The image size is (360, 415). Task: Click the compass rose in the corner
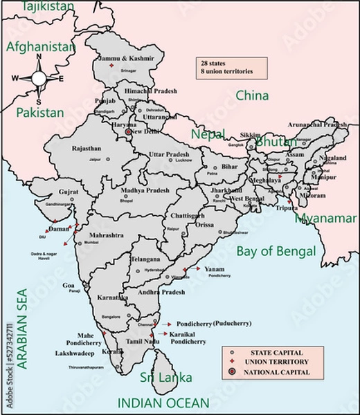37,78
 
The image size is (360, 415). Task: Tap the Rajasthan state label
87,148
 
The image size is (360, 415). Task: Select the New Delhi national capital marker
128,131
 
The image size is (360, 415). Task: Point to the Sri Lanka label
165,378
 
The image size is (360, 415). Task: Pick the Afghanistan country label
39,47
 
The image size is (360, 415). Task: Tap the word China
252,95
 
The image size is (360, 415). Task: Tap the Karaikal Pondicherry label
188,338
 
